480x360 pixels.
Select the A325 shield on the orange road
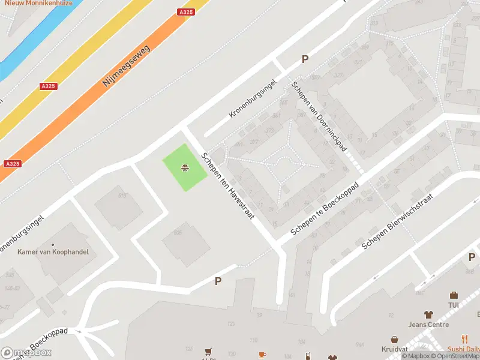[186, 12]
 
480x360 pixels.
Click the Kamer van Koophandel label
[53, 252]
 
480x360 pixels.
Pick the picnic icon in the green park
[186, 168]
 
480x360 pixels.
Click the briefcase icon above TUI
[454, 295]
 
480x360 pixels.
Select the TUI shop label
[454, 305]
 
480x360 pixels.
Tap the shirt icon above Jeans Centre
[428, 314]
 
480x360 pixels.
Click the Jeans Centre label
[428, 325]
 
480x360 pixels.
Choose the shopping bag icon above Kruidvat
[394, 340]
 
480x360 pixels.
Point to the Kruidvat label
[394, 350]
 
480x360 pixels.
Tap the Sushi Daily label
[464, 350]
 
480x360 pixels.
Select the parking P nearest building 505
[218, 281]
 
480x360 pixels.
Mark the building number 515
[123, 196]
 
